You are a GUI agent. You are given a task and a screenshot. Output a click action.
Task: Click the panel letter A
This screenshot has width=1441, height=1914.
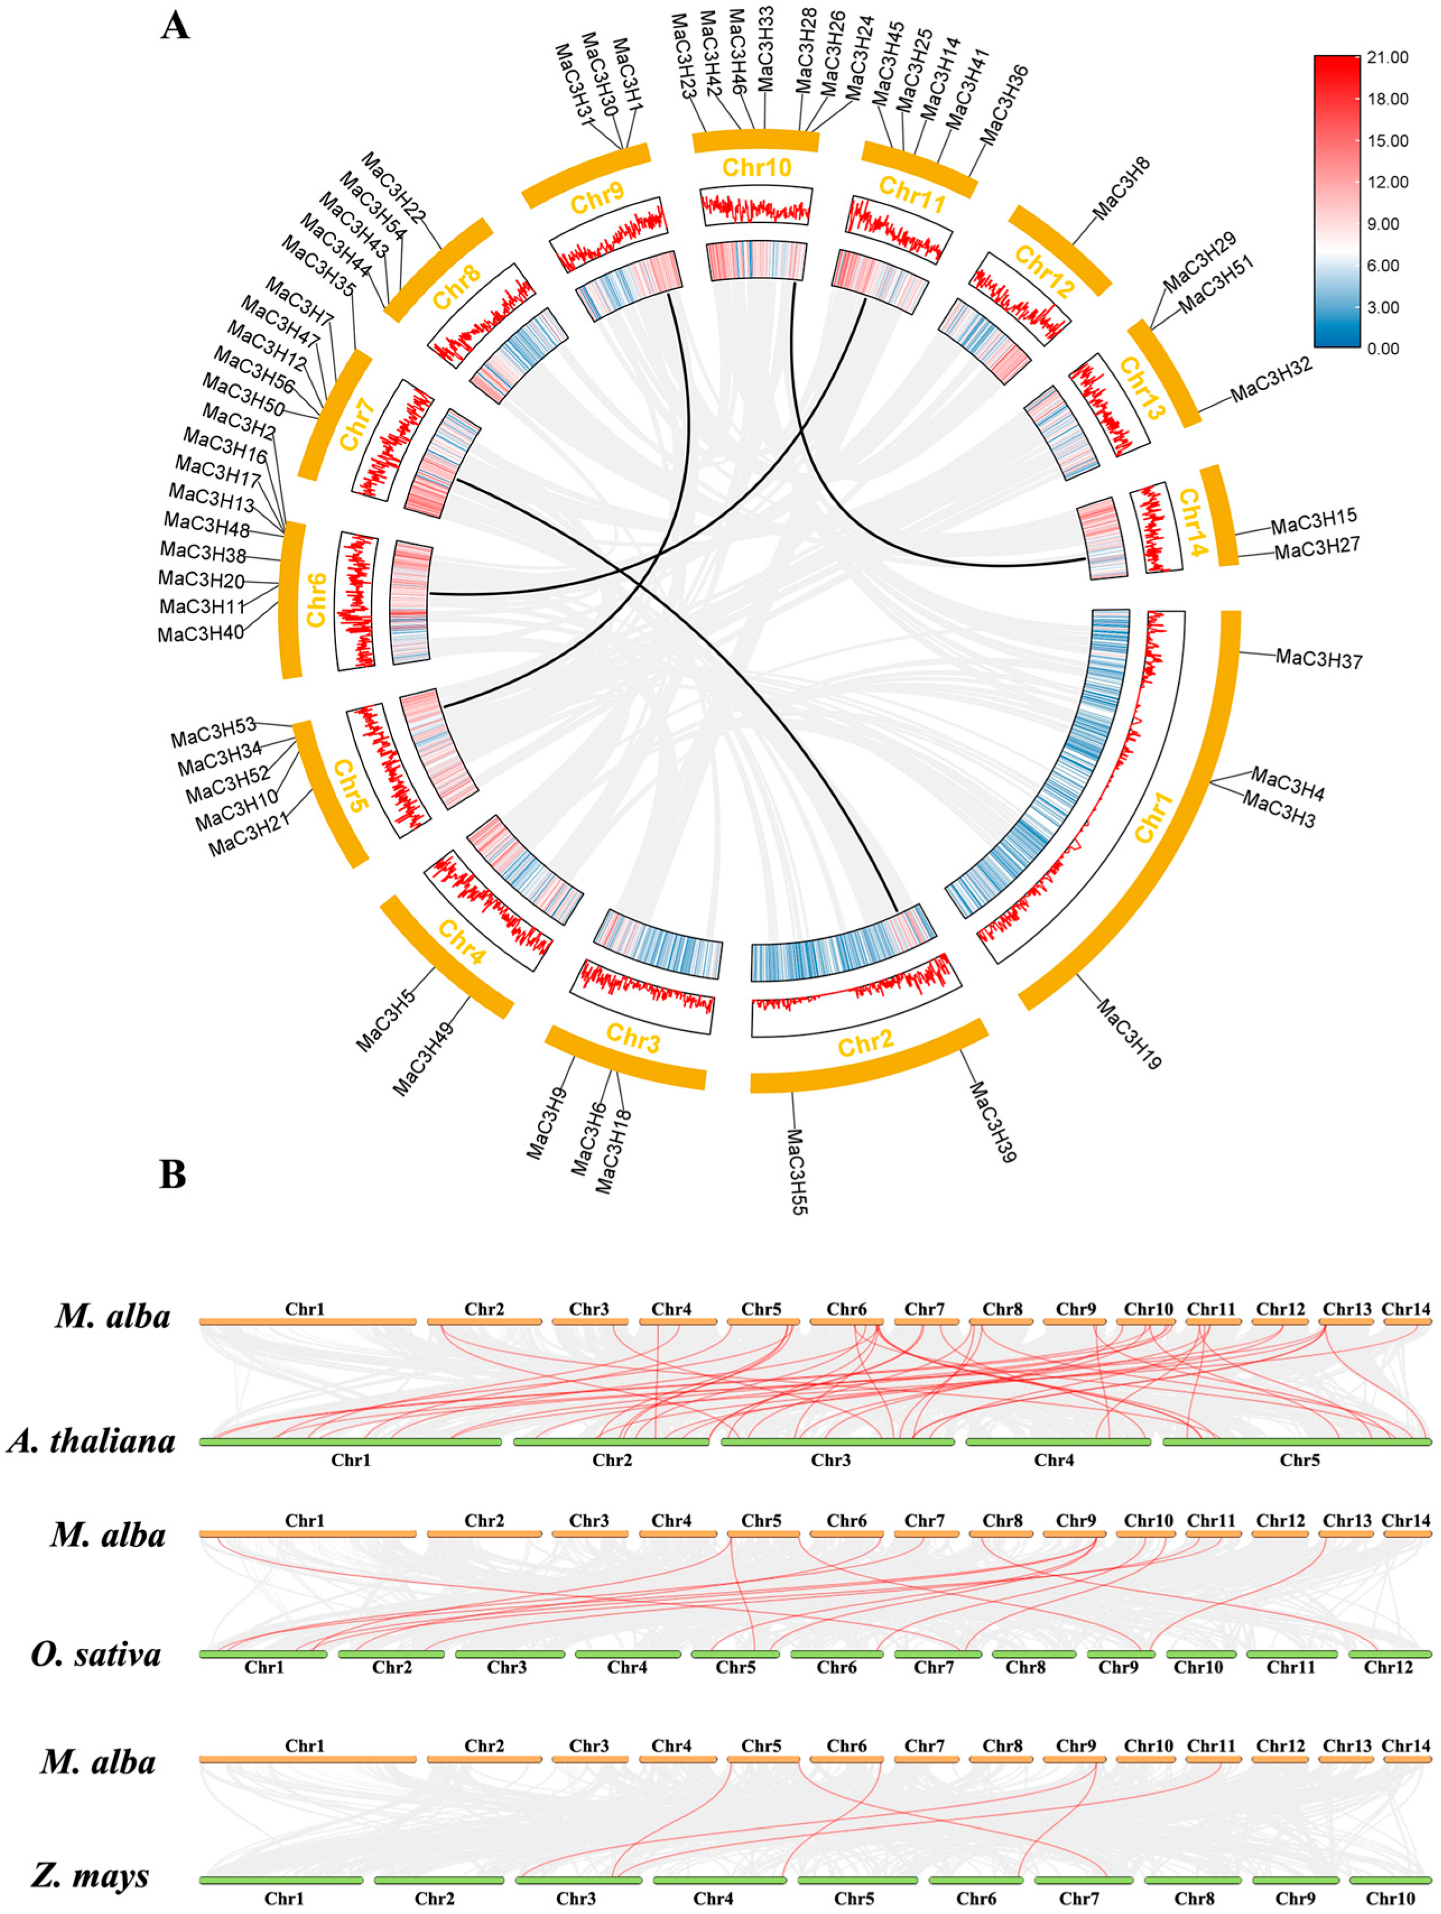click(x=175, y=25)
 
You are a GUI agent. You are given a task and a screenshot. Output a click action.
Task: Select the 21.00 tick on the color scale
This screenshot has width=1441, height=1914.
click(x=1387, y=57)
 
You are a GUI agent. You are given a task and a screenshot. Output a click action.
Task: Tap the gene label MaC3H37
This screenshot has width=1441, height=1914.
click(x=1318, y=659)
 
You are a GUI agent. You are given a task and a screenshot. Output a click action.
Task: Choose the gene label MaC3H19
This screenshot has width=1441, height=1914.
click(x=1129, y=1033)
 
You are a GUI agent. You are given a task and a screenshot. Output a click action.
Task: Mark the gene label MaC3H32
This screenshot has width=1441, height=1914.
click(x=1271, y=379)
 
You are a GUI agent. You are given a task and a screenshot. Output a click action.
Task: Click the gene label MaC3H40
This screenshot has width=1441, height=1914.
click(x=200, y=634)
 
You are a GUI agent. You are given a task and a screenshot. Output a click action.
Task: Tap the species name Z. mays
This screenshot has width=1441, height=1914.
click(x=90, y=1875)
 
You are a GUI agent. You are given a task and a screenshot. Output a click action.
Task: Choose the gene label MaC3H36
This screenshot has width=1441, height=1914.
click(x=1004, y=105)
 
